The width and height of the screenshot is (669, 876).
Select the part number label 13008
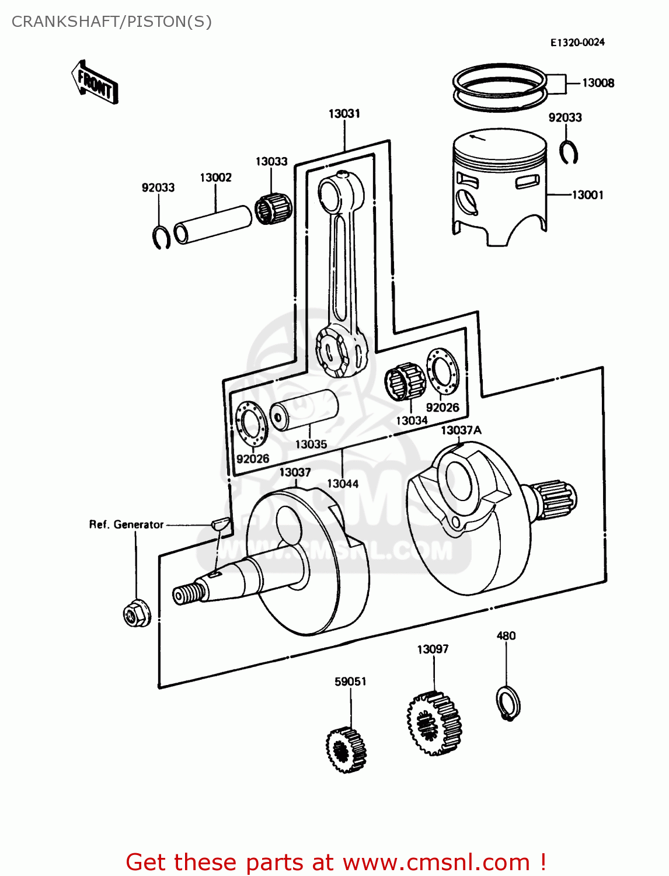coord(598,83)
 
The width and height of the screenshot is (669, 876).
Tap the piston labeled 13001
coord(499,187)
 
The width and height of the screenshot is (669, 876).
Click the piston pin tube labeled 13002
coord(214,223)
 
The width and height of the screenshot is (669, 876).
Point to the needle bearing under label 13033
coord(273,207)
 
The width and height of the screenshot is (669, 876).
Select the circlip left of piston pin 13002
coord(161,237)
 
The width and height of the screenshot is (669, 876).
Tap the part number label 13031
coord(344,114)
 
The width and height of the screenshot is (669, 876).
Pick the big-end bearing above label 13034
coord(404,381)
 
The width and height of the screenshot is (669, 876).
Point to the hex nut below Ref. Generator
coord(136,613)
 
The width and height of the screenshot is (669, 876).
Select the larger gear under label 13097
coord(434,724)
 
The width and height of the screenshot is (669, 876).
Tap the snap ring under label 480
coord(507,703)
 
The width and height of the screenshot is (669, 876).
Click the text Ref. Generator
coord(126,524)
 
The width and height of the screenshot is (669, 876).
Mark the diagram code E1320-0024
coord(577,43)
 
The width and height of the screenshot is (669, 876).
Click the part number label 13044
coord(343,484)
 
